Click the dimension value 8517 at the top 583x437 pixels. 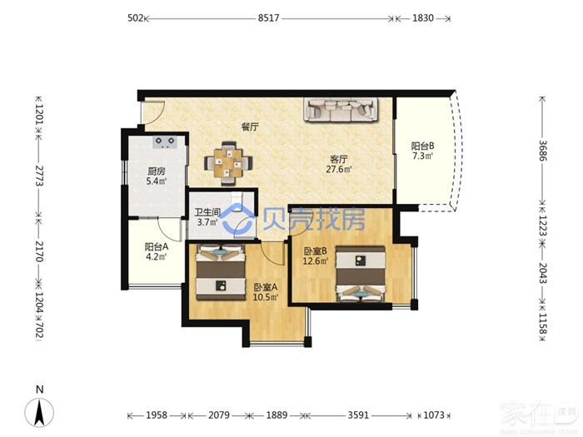coord(268,17)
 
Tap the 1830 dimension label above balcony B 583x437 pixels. coord(423,17)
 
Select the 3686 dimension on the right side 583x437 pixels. coord(543,150)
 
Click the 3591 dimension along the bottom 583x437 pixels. coord(358,415)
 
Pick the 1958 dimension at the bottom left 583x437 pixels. coord(157,415)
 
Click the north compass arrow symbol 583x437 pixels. coord(39,412)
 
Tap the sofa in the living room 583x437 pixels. coord(341,109)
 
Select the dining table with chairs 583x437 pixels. coord(228,163)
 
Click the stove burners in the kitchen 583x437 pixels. coord(165,142)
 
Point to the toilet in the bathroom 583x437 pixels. coord(237,199)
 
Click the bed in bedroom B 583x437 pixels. coord(361,274)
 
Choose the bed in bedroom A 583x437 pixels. coord(221,272)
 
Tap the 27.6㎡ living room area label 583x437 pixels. coord(339,170)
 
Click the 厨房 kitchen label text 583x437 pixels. coord(157,171)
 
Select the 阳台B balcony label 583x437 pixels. coord(422,146)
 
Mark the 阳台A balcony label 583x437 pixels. coord(157,246)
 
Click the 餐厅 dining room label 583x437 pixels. coord(250,127)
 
